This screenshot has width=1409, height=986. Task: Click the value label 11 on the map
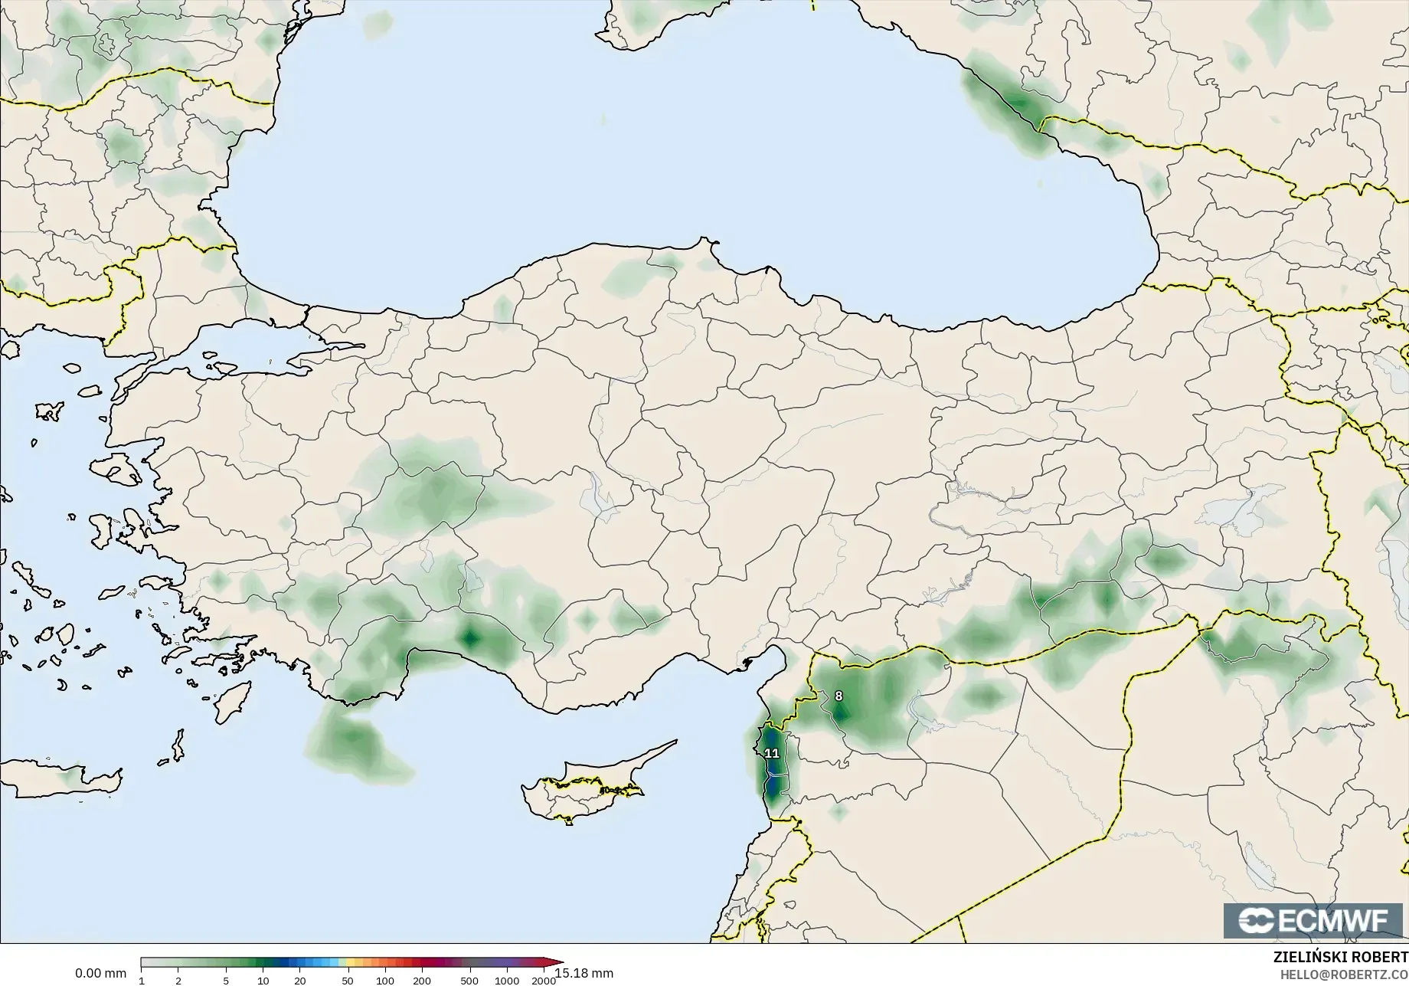772,754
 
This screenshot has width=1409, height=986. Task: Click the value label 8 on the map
839,696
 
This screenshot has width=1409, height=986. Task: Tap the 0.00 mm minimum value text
100,974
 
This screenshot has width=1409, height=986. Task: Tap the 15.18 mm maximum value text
584,974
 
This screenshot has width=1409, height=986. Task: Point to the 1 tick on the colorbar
142,981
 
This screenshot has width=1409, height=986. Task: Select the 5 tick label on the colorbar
226,981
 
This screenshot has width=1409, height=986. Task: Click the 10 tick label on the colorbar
263,981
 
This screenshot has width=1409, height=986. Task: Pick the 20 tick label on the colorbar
300,981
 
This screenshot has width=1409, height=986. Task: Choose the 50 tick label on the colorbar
348,981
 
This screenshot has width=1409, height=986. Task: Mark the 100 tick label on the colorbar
385,981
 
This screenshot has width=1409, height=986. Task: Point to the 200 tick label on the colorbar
422,981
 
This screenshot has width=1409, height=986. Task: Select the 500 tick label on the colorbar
469,981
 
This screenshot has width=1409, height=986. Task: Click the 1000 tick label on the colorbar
507,981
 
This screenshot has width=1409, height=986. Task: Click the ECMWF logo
1314,921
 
